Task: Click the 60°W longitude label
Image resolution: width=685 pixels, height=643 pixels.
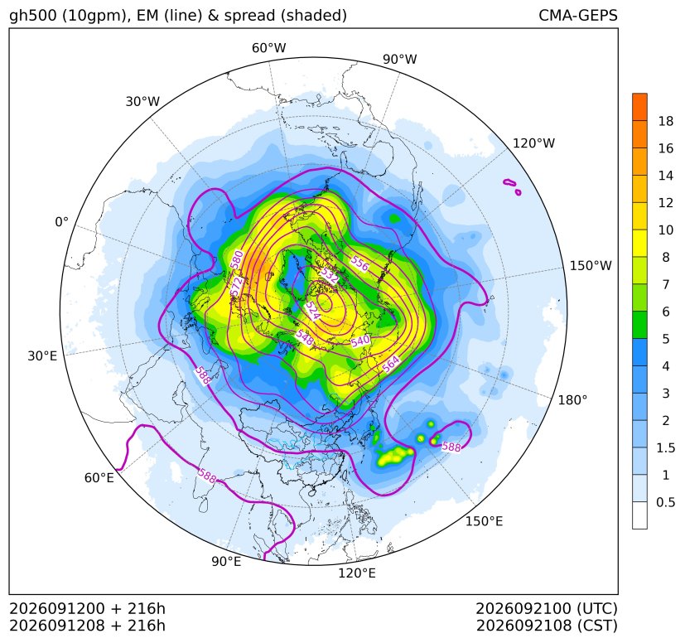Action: coord(268,48)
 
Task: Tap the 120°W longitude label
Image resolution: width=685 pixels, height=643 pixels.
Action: coord(533,143)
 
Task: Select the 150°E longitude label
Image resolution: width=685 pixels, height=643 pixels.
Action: coord(484,521)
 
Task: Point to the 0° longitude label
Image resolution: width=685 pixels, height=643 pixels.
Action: coord(61,222)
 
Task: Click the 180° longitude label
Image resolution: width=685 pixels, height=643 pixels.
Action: coord(572,400)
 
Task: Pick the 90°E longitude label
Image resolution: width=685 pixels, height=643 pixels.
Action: coord(226,561)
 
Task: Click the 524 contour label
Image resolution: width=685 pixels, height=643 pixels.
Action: coord(312,311)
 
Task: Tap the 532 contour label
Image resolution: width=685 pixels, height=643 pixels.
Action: coord(330,275)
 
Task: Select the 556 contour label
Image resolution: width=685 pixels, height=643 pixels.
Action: coord(360,263)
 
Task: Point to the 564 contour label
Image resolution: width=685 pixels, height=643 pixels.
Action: coord(391,364)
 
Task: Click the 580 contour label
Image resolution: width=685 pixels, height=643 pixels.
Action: coord(237,259)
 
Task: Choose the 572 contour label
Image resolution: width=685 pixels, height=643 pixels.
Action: coord(236,287)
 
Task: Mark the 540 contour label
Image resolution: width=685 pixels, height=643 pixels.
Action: coord(360,341)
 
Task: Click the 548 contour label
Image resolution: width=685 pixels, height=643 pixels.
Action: coord(305,337)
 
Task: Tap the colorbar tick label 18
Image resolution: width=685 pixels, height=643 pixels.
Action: coord(666,121)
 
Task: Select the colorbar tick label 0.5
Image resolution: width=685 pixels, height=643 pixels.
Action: coord(665,502)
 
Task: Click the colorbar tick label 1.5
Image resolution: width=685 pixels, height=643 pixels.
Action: coord(665,447)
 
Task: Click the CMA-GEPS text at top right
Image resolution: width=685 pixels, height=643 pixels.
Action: coord(578,15)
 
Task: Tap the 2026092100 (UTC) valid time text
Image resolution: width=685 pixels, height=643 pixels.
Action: coord(546,608)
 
